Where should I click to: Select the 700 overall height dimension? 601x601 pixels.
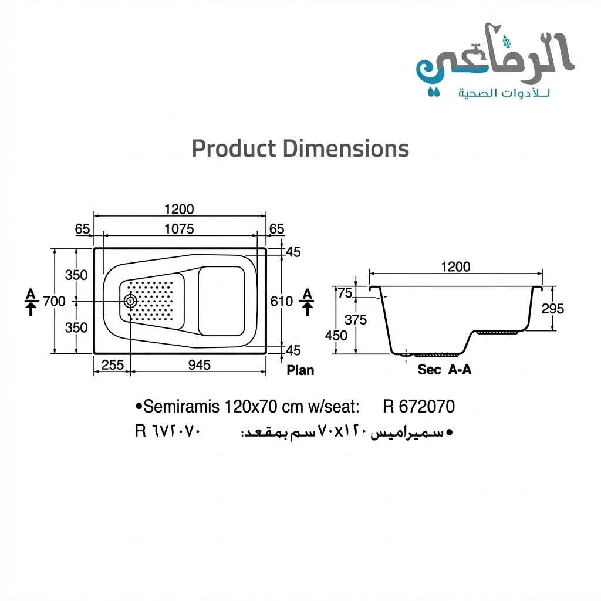point(54,301)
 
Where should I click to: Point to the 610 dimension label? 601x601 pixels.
point(281,301)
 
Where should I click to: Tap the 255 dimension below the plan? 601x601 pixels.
point(112,365)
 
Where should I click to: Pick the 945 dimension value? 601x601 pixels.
point(200,365)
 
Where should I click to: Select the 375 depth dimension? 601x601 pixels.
point(356,320)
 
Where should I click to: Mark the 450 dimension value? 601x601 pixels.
point(336,336)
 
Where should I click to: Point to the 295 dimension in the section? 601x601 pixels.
point(552,309)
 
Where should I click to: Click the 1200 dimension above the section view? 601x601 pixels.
point(455,266)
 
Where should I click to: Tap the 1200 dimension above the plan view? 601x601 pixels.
point(179,209)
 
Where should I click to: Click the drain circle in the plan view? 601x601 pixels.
point(130,301)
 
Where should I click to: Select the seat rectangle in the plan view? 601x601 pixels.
point(221,301)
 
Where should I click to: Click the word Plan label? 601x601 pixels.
point(300,370)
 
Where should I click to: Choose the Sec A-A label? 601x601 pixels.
point(444,370)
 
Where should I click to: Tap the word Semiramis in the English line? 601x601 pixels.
point(182,406)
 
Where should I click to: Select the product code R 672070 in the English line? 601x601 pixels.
point(418,406)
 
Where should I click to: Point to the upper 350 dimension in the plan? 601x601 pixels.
point(76,275)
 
